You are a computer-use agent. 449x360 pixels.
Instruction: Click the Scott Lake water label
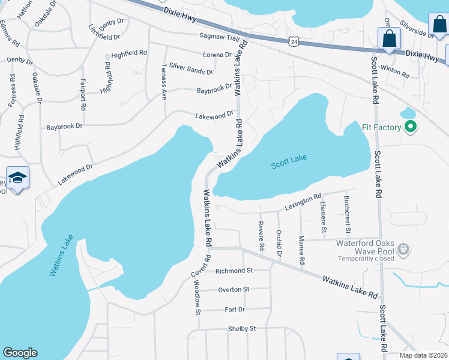[x=289, y=160]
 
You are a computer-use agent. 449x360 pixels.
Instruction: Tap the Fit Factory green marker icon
[x=411, y=127]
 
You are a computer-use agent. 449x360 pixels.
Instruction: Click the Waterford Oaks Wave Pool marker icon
[x=403, y=248]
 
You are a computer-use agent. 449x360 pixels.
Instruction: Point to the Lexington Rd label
[x=304, y=200]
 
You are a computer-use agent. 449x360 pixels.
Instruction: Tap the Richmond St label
[x=235, y=271]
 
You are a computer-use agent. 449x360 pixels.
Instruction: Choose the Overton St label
[x=234, y=289]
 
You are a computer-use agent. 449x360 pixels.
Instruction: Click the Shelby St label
[x=242, y=328]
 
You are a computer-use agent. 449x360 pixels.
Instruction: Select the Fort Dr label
[x=235, y=309]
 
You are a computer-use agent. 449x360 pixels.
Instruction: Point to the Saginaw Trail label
[x=219, y=36]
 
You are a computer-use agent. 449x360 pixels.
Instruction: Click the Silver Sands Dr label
[x=191, y=68]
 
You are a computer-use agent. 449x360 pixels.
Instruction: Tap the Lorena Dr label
[x=218, y=55]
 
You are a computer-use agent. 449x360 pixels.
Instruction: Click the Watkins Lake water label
[x=61, y=255]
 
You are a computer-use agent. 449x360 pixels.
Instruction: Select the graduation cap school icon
[x=18, y=178]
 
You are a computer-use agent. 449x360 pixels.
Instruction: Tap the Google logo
[x=20, y=353]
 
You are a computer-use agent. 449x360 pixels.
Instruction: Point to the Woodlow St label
[x=197, y=295]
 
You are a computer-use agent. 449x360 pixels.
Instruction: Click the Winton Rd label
[x=395, y=71]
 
